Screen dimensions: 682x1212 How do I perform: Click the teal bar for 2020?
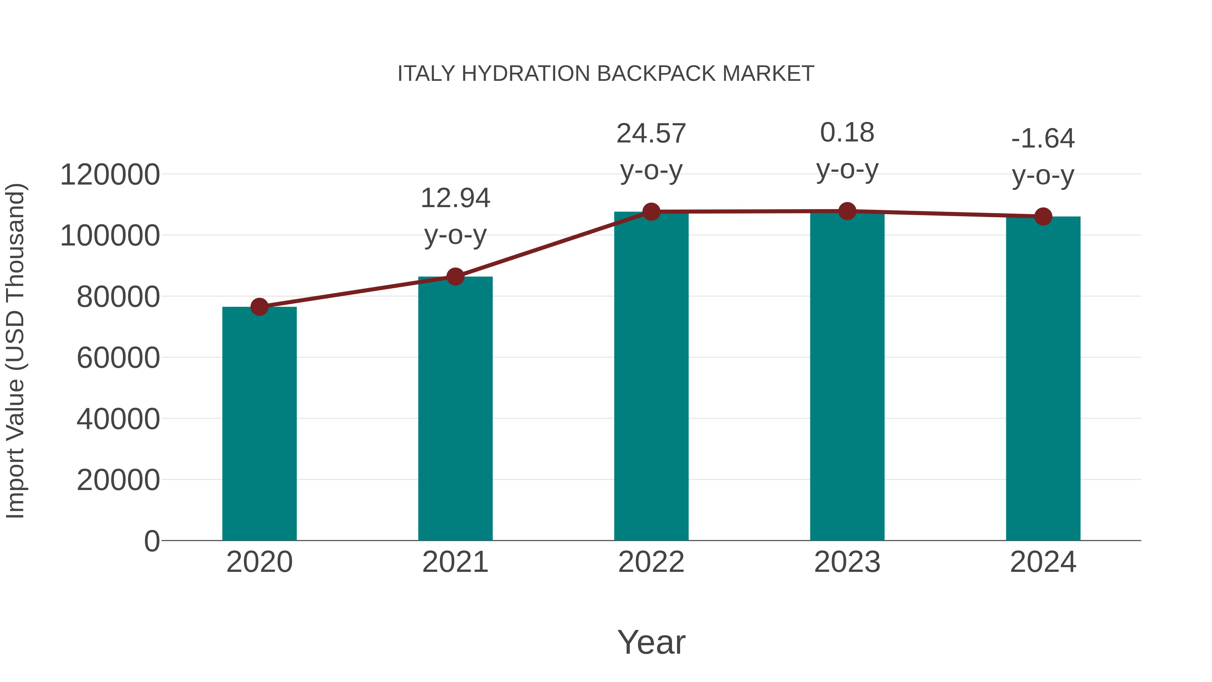[x=259, y=424]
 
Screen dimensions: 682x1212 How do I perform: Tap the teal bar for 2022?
[x=651, y=376]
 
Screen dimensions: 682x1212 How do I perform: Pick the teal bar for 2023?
[x=847, y=376]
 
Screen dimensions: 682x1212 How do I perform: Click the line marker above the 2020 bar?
[x=259, y=307]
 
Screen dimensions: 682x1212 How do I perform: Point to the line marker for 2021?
[x=455, y=277]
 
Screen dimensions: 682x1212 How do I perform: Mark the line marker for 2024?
[x=1043, y=217]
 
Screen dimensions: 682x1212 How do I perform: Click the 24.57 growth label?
[x=651, y=134]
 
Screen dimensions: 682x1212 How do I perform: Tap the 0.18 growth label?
[x=847, y=133]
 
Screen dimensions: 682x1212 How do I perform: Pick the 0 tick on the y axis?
[x=152, y=541]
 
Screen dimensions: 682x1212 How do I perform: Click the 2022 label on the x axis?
[x=651, y=562]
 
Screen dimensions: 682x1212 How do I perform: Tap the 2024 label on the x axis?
[x=1043, y=562]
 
